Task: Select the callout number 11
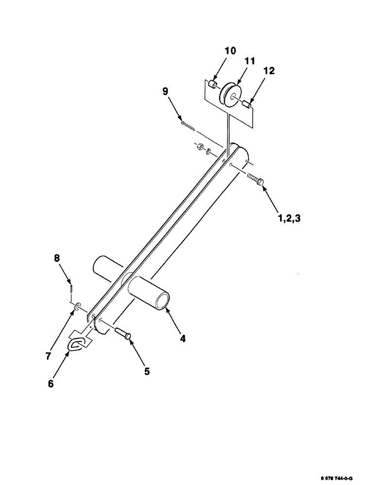coord(250,62)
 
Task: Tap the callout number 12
coord(269,71)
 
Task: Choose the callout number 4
coord(183,339)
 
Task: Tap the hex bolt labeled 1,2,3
coord(256,180)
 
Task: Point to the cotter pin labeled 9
coord(188,126)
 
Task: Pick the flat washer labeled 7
coord(78,307)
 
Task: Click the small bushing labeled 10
coord(212,85)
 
